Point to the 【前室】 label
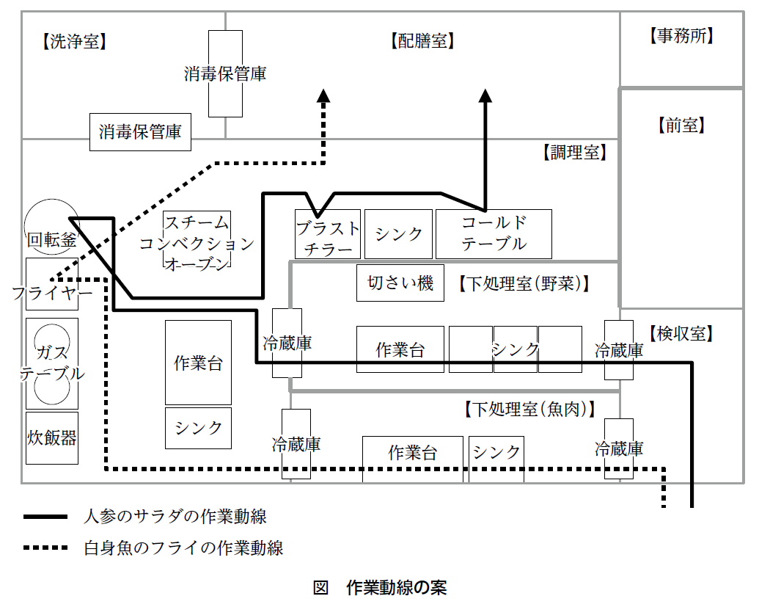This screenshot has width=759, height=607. [681, 125]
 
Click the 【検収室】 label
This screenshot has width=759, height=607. [681, 334]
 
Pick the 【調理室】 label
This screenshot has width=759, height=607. [573, 153]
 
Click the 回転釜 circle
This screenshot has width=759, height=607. [50, 228]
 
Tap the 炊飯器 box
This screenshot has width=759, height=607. [51, 438]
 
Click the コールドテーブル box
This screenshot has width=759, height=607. [494, 233]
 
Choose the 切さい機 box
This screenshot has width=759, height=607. [400, 283]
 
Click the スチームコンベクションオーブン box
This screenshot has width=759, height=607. [197, 242]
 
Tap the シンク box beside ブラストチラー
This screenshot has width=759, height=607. [399, 234]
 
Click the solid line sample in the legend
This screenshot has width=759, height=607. [48, 517]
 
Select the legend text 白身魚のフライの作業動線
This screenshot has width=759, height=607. [183, 548]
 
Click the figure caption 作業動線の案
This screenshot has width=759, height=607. [396, 587]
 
